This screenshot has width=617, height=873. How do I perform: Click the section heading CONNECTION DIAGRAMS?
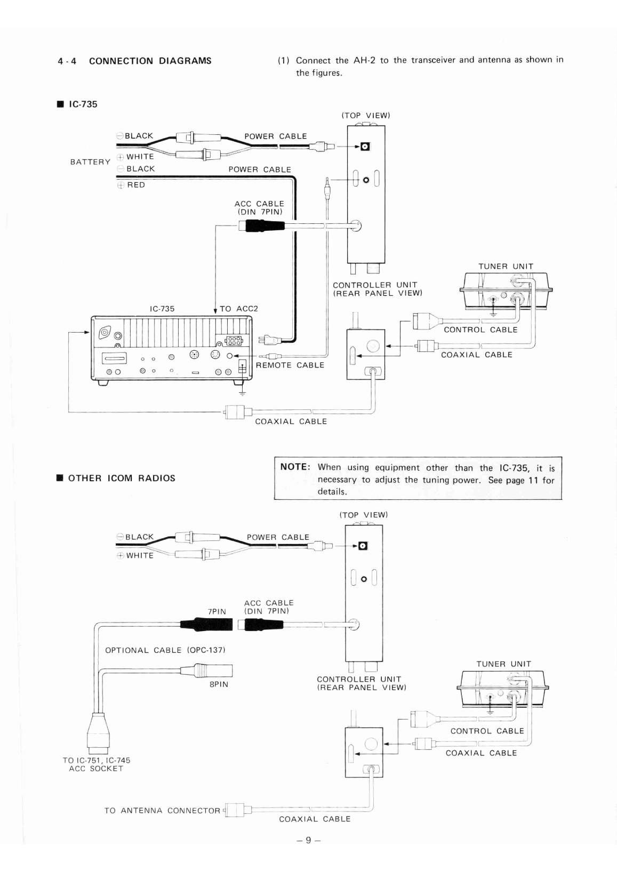pos(150,61)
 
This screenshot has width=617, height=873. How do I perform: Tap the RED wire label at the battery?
pos(135,185)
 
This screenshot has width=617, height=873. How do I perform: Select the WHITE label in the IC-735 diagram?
pos(140,157)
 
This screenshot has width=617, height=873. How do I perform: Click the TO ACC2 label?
pos(238,309)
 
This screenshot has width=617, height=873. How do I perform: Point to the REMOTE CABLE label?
pos(290,365)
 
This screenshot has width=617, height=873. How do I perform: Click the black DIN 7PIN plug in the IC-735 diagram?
pos(262,225)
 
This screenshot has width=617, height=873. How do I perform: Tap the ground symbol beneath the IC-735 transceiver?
pos(243,392)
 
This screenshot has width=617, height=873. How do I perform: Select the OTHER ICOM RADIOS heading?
pos(122,478)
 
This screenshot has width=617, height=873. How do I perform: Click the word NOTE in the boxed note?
pos(295,467)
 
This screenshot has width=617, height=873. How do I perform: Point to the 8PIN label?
pos(219,684)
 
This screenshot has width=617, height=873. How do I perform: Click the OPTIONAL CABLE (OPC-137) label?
pos(165,650)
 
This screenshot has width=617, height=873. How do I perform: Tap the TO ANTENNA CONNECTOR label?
pos(163,811)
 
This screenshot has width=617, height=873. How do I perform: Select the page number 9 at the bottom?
pos(308,840)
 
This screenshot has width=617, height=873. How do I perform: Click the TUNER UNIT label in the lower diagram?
pos(503,664)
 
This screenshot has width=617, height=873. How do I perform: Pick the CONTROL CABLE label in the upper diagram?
pos(480,329)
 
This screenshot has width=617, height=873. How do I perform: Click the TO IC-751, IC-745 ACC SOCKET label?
pos(96,764)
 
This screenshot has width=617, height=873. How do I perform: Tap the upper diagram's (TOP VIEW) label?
pos(366,115)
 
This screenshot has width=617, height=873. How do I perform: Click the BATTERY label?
pos(90,162)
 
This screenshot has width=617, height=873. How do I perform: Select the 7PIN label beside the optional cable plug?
pos(217,612)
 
